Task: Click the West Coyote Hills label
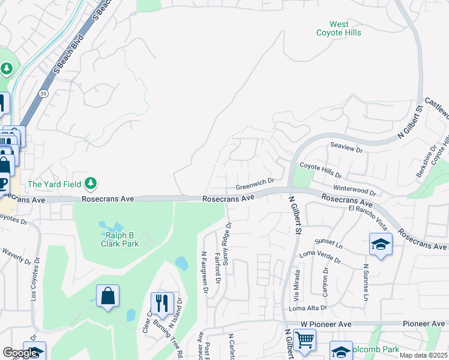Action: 339,28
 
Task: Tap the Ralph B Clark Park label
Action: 119,239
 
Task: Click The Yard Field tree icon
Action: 91,182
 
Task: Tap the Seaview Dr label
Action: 347,148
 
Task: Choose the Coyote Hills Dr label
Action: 321,171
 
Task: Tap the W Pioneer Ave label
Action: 326,323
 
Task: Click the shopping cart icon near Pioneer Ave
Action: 305,340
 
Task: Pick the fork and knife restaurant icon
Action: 162,303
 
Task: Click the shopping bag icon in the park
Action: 107,295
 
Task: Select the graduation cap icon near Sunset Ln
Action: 381,244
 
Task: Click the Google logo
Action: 21,353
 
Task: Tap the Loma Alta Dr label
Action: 308,308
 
